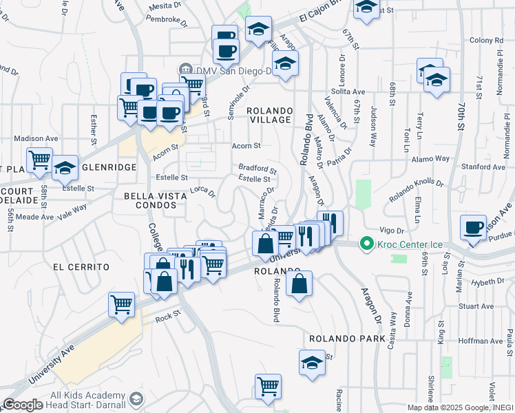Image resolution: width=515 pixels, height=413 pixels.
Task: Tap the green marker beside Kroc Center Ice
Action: point(367,244)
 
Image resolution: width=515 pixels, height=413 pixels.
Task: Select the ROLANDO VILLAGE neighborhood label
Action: point(270,115)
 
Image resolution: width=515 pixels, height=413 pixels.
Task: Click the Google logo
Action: point(23,405)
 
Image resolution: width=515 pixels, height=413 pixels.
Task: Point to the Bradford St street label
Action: point(257,168)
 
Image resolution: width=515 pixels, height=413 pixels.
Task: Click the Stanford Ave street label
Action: point(485,167)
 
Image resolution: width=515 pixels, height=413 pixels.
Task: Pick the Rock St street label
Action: point(167,318)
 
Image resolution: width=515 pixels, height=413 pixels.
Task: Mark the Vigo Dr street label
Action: point(390,230)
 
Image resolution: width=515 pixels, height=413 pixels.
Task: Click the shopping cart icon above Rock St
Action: point(122,304)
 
